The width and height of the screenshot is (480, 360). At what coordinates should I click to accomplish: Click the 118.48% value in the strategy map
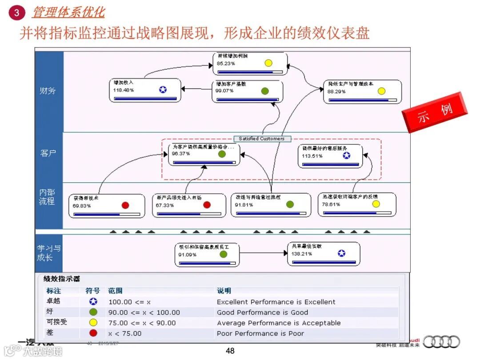[x=124, y=90]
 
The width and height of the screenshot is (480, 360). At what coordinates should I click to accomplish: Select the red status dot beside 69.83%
[x=125, y=205]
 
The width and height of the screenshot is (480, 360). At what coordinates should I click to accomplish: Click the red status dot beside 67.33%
[x=207, y=205]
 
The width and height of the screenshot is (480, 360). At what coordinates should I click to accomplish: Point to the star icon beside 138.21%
[x=341, y=253]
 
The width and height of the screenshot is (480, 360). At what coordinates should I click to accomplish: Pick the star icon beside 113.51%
[x=347, y=155]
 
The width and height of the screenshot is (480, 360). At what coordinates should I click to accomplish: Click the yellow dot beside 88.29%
[x=381, y=91]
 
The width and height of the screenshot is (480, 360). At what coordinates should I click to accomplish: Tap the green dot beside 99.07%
[x=265, y=91]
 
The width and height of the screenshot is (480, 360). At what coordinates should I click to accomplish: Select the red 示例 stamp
[x=434, y=112]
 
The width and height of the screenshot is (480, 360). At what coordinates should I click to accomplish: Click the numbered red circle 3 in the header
[x=16, y=12]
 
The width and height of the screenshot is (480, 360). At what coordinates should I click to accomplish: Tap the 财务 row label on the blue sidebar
[x=48, y=91]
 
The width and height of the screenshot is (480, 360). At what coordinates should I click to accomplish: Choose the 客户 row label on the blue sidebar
[x=48, y=154]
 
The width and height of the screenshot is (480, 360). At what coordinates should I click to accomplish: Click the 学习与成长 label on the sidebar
[x=48, y=253]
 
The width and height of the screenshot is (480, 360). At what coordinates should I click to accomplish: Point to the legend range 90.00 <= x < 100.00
[x=144, y=312]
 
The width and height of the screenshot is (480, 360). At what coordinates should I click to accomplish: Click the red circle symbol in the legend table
[x=93, y=333]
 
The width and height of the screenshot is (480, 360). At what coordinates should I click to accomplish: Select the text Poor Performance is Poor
[x=260, y=333]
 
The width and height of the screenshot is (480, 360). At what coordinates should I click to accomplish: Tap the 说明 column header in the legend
[x=224, y=291]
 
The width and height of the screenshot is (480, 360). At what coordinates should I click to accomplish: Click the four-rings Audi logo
[x=441, y=342]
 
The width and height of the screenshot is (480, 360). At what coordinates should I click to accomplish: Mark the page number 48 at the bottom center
[x=230, y=351]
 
